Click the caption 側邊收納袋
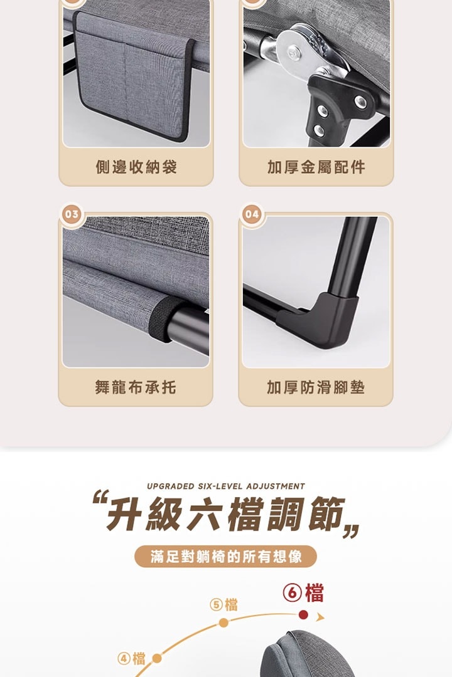click(136, 167)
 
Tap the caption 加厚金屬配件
click(316, 167)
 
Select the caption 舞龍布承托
click(136, 387)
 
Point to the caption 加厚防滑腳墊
click(316, 387)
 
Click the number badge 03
click(72, 214)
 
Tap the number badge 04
click(252, 214)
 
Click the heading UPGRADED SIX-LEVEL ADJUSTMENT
click(226, 486)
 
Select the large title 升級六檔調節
click(226, 514)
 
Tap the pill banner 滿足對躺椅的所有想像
click(226, 557)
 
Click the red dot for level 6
click(303, 614)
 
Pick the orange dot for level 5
click(223, 622)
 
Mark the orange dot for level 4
click(157, 658)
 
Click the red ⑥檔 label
click(303, 593)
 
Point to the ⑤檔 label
click(223, 605)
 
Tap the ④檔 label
click(131, 658)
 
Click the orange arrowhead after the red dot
click(320, 617)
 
